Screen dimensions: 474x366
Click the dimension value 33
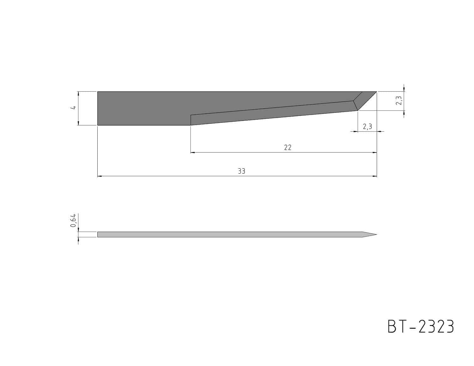coord(241,171)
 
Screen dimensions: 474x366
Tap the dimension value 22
coord(288,147)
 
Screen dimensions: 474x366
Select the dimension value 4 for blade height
coord(74,107)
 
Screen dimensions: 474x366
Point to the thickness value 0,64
coord(73,220)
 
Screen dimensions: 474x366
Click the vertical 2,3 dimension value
coord(399,100)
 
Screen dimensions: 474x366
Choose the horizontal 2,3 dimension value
coord(367,126)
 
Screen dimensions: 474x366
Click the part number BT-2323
coord(421,327)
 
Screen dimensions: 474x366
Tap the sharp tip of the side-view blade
coord(377,235)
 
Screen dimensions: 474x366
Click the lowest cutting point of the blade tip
coord(358,111)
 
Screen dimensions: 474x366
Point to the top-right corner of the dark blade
coord(377,92)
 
